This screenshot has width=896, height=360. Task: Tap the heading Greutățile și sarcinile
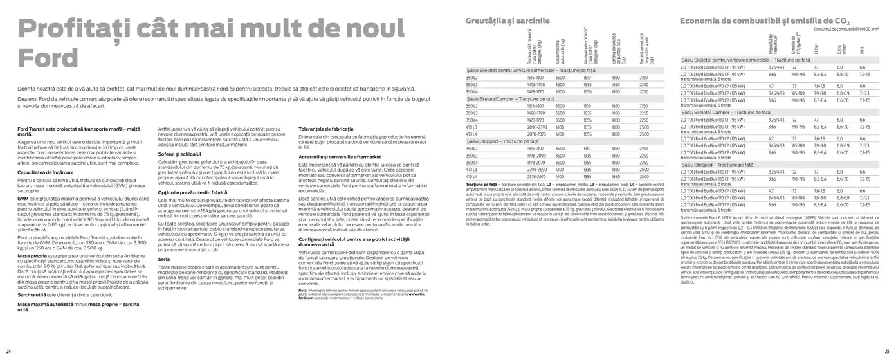(508, 21)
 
